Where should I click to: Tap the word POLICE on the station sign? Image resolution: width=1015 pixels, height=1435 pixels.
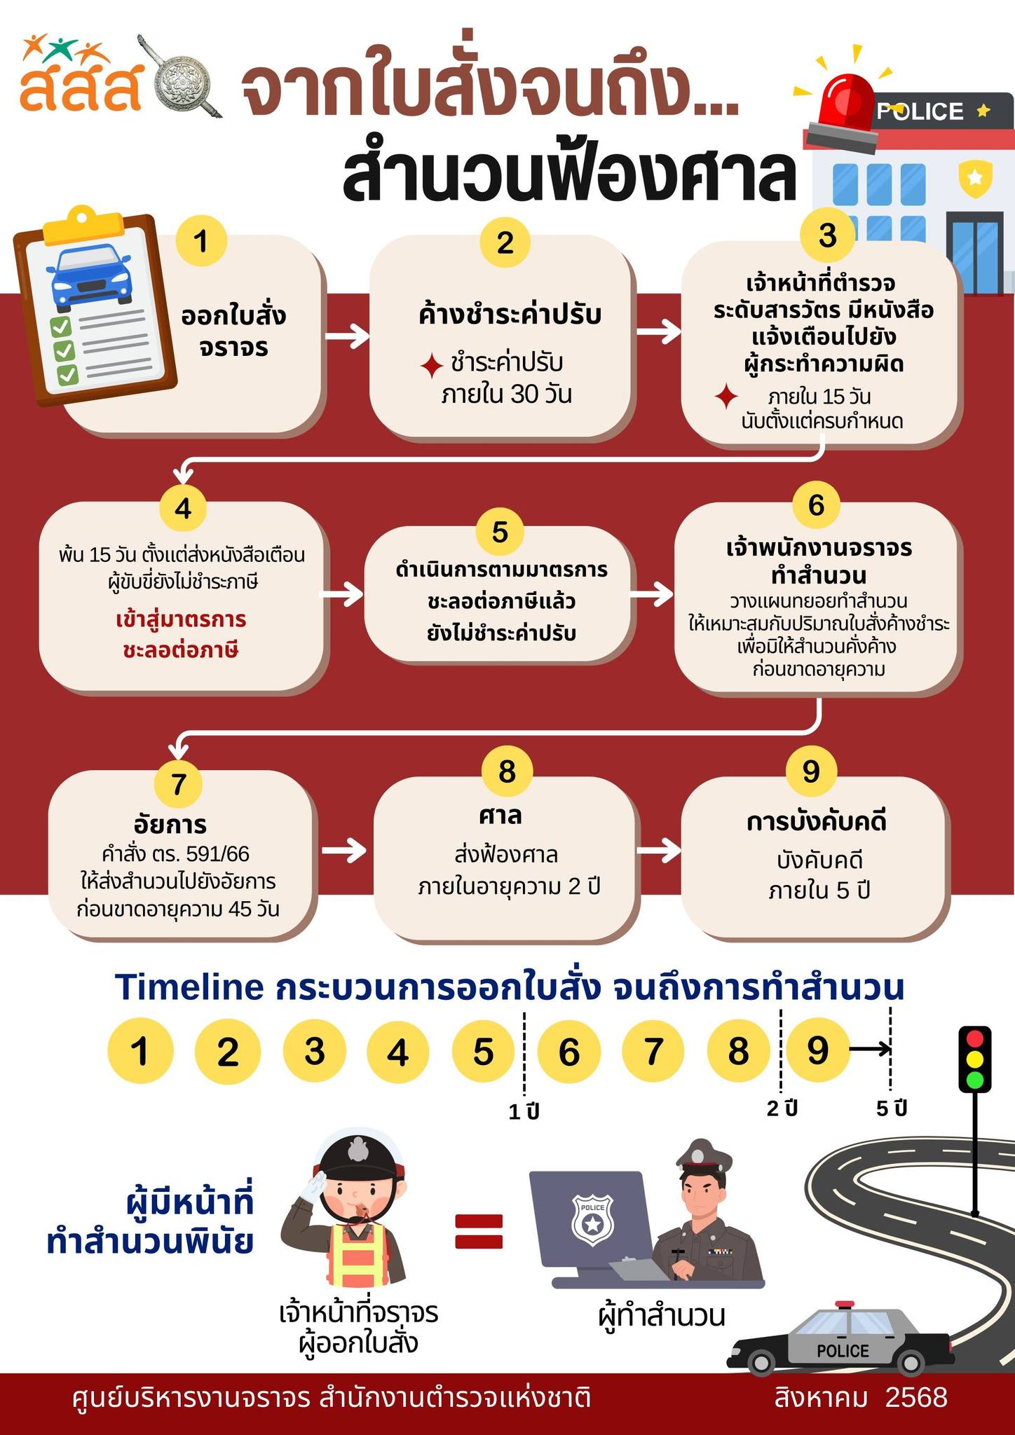920,111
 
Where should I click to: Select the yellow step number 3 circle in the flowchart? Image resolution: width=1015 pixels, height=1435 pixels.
827,235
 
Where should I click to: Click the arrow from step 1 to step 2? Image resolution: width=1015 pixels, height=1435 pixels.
348,336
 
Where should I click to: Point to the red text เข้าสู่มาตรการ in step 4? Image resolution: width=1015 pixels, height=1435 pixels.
181,620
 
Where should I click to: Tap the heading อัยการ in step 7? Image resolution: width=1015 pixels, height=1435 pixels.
170,824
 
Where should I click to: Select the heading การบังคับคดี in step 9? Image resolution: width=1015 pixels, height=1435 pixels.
817,821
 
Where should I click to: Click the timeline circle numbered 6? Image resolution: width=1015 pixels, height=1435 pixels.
568,1052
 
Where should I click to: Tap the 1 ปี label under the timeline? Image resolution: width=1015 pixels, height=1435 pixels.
524,1112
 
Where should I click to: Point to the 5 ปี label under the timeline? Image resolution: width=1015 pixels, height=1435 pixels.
892,1108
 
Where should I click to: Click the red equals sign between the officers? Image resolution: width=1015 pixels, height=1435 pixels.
479,1231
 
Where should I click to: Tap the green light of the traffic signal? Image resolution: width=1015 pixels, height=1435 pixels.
974,1079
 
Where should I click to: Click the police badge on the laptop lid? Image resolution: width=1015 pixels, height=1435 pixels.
592,1223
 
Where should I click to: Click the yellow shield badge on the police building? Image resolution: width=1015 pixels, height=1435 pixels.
975,177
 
